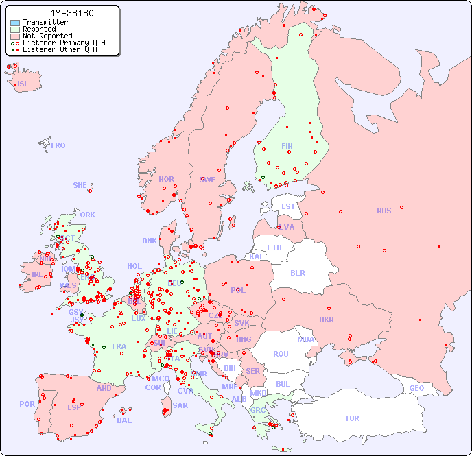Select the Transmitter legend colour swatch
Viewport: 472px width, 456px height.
click(x=15, y=23)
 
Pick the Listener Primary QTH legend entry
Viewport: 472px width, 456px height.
click(x=58, y=43)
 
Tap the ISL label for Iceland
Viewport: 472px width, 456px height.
click(x=23, y=84)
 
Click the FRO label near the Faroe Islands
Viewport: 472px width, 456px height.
click(x=58, y=145)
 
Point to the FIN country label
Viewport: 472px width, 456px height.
click(x=287, y=146)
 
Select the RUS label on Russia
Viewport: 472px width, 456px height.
click(x=383, y=211)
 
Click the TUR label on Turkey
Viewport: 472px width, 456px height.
click(x=352, y=418)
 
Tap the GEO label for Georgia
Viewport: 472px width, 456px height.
click(x=416, y=388)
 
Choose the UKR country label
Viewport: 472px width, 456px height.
click(x=327, y=320)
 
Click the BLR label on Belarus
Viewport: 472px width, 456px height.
click(x=297, y=272)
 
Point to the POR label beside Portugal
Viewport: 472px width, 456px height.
click(x=27, y=404)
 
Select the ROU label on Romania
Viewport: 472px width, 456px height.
click(x=281, y=354)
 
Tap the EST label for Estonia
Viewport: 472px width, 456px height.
click(x=288, y=206)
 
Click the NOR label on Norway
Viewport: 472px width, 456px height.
click(x=166, y=179)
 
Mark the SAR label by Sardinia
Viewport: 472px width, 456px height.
click(x=180, y=405)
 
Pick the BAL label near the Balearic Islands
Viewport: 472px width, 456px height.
click(x=124, y=420)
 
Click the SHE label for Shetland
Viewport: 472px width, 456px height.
click(x=80, y=185)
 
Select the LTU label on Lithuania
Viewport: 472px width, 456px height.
click(x=274, y=248)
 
